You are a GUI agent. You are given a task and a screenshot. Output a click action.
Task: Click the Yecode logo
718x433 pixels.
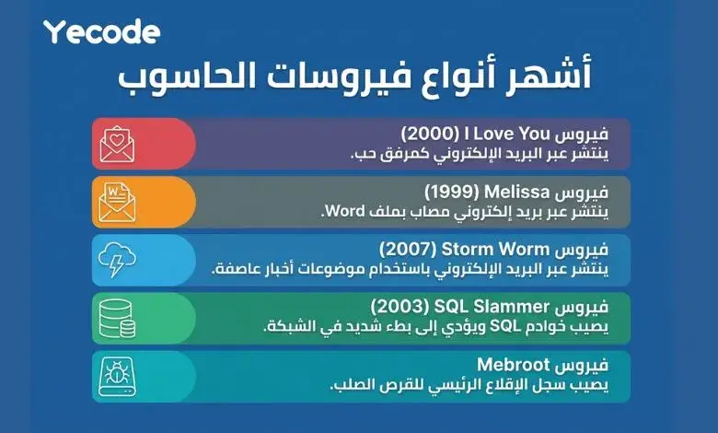coord(102,32)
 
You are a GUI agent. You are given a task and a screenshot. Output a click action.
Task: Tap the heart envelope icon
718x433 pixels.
coord(124,144)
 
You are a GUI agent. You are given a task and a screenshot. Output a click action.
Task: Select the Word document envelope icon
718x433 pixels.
coord(124,201)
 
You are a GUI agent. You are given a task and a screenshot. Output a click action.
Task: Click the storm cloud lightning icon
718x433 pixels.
coord(124,259)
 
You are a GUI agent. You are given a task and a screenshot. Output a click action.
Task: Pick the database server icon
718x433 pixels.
coord(124,318)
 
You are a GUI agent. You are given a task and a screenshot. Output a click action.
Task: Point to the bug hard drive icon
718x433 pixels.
coord(124,376)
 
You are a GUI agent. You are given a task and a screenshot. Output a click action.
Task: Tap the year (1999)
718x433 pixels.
coord(446,192)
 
